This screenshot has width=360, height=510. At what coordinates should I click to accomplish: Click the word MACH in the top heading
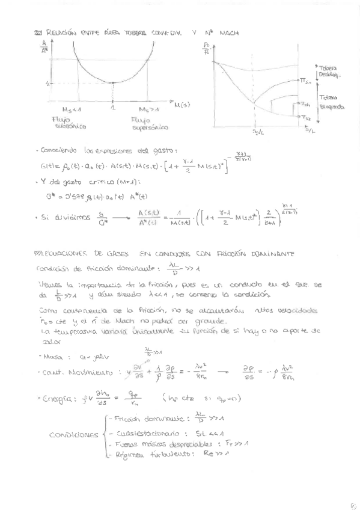tap(225, 34)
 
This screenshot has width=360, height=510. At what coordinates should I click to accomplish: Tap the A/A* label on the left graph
tap(43, 47)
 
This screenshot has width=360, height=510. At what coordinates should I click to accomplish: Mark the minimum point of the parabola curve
tap(113, 82)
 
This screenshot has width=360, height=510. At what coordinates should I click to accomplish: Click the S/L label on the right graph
tap(308, 129)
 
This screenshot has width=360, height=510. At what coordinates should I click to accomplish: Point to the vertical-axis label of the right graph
tap(207, 48)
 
